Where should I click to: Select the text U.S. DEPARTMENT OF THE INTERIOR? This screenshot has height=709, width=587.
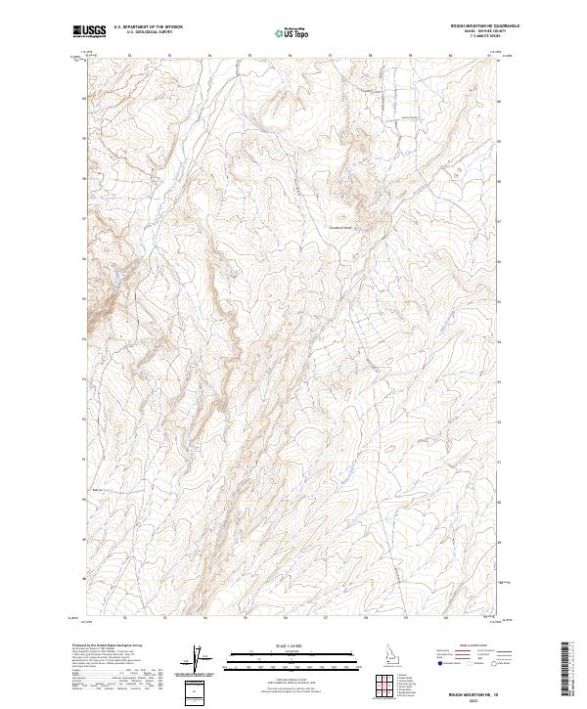(148, 26)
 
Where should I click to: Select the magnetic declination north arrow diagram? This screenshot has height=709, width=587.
(196, 659)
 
